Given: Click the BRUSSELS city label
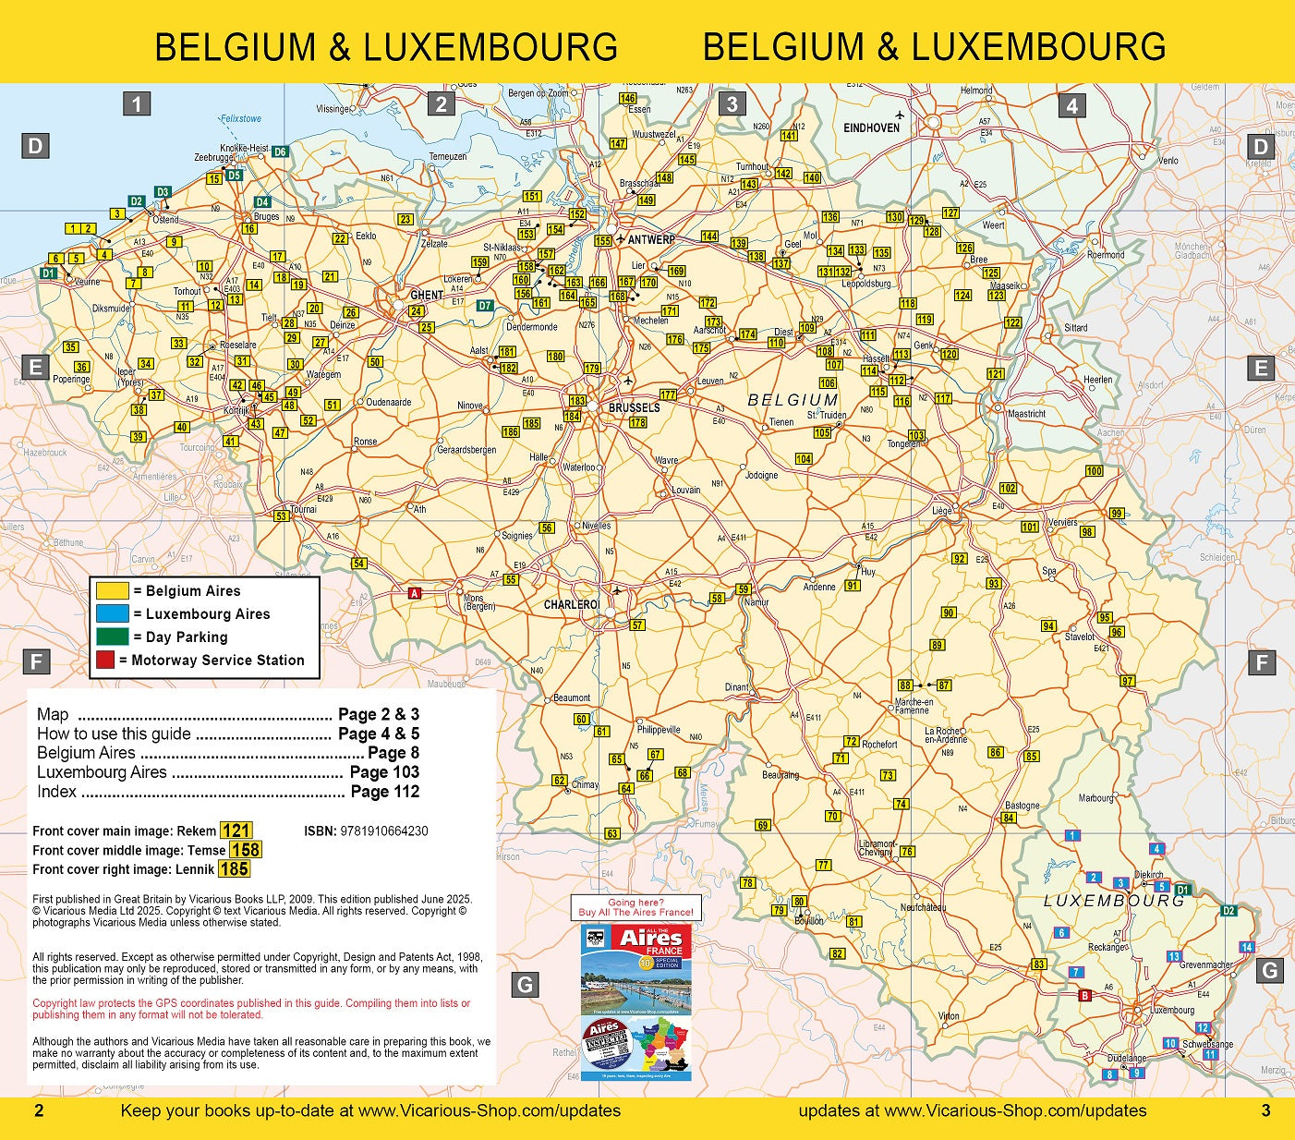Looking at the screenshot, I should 634,407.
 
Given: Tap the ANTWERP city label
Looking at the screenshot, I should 651,239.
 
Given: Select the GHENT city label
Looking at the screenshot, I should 427,296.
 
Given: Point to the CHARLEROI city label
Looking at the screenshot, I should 572,604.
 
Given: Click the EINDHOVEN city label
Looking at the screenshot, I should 871,127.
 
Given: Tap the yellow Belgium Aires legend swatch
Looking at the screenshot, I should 113,591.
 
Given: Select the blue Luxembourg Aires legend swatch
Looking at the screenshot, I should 113,614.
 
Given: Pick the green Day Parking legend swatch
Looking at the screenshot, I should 113,637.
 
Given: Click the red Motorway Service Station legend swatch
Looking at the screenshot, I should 105,661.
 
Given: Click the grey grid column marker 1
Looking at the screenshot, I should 137,104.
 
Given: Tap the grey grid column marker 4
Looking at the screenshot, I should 1071,105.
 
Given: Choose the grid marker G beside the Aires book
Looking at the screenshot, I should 525,985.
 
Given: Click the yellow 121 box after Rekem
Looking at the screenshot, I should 236,831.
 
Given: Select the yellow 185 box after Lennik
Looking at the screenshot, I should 234,869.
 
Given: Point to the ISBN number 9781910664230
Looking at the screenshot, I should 383,831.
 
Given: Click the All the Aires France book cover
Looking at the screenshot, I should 635,1002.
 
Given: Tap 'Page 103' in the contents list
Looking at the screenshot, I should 384,772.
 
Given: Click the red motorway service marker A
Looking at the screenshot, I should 415,594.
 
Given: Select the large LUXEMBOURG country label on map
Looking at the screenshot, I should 1113,901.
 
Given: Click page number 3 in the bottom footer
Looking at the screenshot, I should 1265,1110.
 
